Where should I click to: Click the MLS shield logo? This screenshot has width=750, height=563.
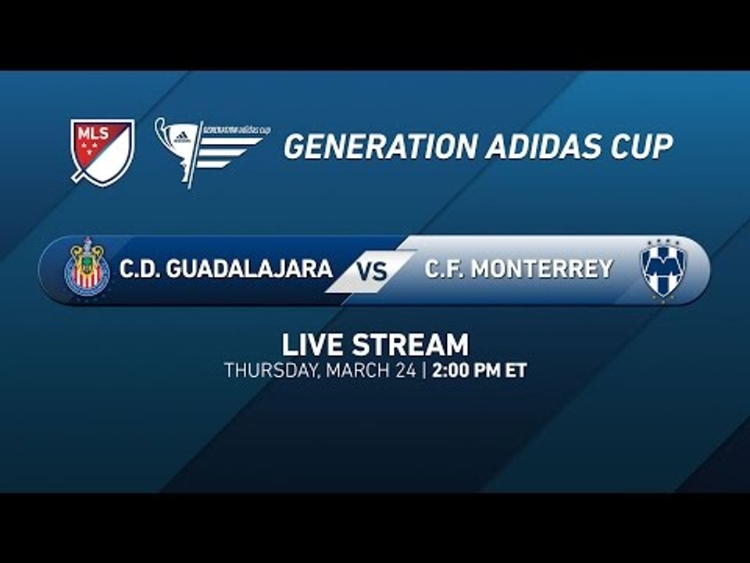point(102,151)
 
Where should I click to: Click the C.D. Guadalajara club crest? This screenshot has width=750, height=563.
point(87,269)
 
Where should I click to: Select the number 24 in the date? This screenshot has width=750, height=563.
point(404,371)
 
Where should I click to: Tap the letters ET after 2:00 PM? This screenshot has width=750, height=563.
point(516,371)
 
